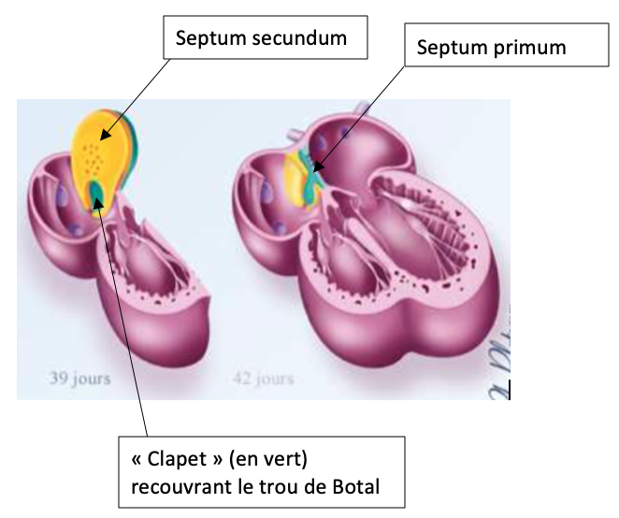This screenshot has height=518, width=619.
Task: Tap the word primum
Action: pyautogui.click(x=535, y=46)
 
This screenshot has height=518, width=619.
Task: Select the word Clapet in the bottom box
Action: pyautogui.click(x=177, y=461)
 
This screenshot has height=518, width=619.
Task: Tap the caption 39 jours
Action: pyautogui.click(x=79, y=379)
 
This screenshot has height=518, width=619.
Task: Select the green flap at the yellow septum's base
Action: pyautogui.click(x=96, y=194)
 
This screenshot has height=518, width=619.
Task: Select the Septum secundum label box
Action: pyautogui.click(x=263, y=39)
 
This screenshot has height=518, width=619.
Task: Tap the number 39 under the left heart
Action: pyautogui.click(x=59, y=379)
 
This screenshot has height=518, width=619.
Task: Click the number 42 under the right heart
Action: pyautogui.click(x=241, y=379)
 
